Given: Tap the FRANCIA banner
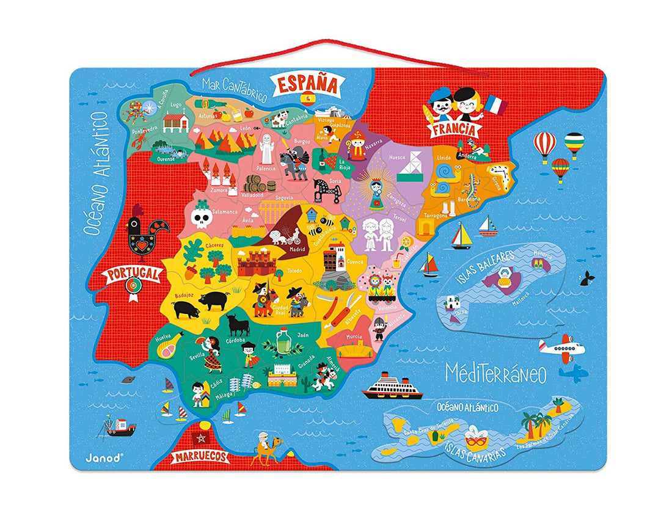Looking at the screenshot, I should [x=453, y=129].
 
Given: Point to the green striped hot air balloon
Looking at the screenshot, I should [x=573, y=144].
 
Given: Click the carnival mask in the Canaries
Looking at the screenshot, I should [x=475, y=440].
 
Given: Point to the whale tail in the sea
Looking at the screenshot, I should [x=588, y=277].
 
